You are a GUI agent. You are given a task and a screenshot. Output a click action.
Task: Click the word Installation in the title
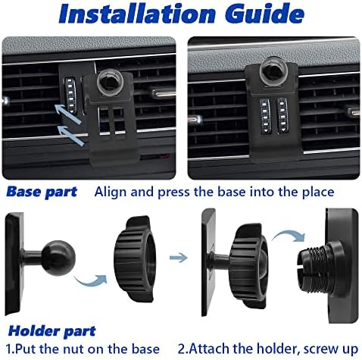136,14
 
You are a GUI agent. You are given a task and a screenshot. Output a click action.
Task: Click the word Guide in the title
265,14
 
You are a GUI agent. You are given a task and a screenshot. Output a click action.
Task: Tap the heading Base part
42,192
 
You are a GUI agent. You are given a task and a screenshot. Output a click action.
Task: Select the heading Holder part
51,331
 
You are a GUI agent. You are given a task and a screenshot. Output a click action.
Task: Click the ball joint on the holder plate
58,258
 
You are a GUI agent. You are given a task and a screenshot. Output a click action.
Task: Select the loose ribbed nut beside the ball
135,258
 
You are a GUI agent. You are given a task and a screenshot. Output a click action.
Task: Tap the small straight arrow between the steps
179,258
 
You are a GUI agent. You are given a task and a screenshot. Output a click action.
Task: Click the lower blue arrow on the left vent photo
71,135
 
